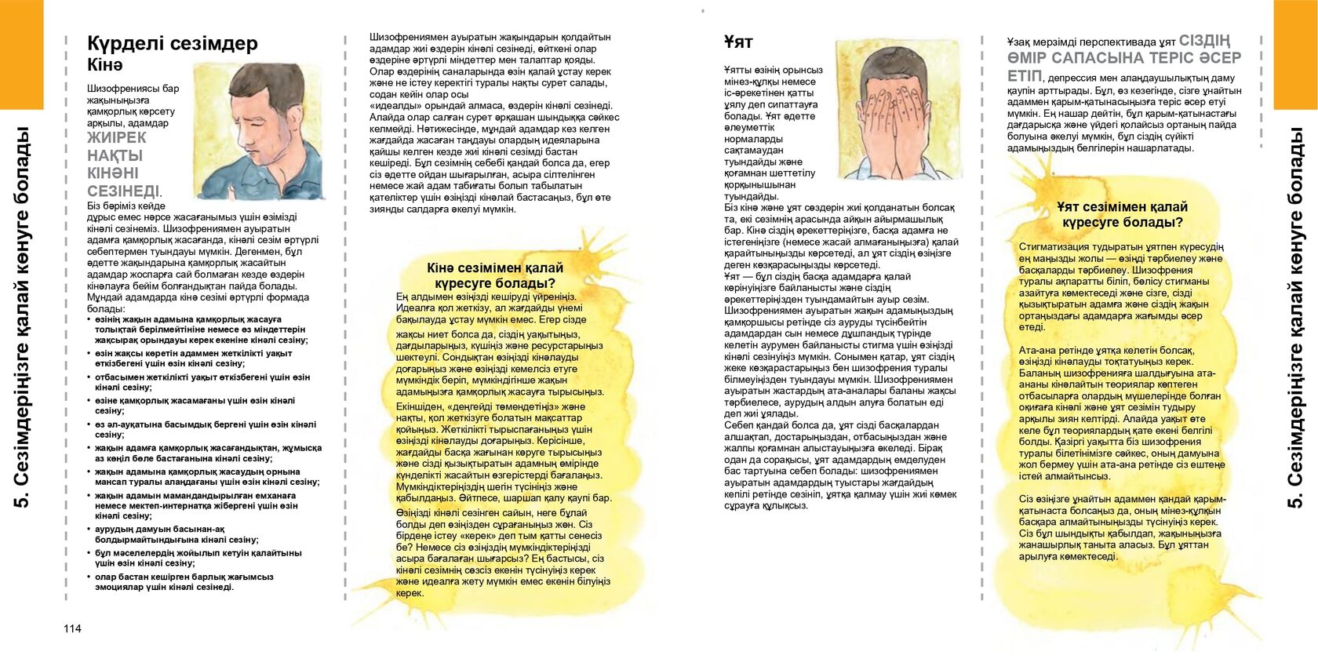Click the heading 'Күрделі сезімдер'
point(172,43)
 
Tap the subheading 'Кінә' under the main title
point(105,65)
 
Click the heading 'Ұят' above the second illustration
point(738,42)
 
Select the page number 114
point(72,628)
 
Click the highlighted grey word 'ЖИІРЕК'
point(116,138)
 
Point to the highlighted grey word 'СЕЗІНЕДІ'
point(122,191)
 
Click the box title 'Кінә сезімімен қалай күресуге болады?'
point(495,275)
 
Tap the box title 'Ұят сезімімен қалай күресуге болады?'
point(1122,214)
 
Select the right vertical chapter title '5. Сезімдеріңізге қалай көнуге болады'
point(1296,317)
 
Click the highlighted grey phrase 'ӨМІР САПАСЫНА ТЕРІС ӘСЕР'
point(1124,58)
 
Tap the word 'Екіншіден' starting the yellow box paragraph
point(421,406)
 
